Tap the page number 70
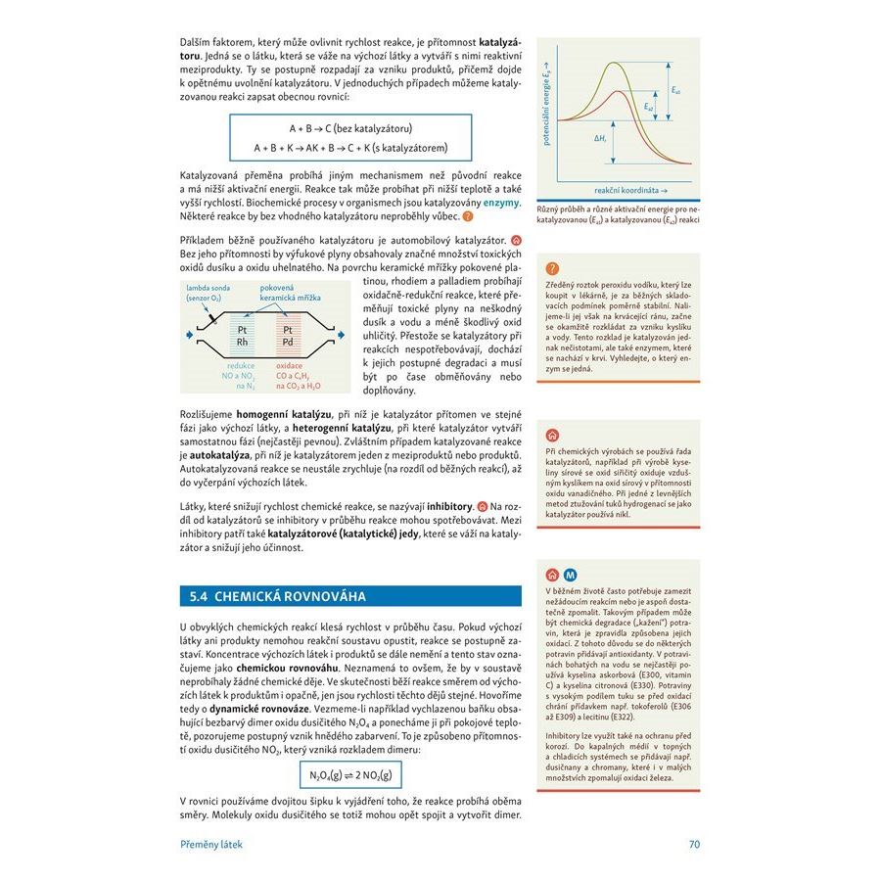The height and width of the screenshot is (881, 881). click(x=694, y=844)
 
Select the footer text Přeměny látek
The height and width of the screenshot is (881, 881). click(x=210, y=844)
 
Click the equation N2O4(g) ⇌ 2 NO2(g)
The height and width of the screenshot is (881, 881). click(x=349, y=775)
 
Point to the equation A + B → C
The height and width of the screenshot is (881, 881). click(x=349, y=128)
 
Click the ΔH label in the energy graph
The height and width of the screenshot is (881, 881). click(x=600, y=139)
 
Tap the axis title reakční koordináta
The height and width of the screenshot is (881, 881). click(x=630, y=189)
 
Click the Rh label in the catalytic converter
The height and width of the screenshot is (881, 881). click(x=242, y=343)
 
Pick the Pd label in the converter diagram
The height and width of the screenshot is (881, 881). click(x=288, y=343)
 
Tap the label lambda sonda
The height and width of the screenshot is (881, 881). click(x=209, y=288)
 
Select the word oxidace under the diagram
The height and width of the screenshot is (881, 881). click(x=290, y=365)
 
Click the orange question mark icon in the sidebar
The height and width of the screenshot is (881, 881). click(x=552, y=268)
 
